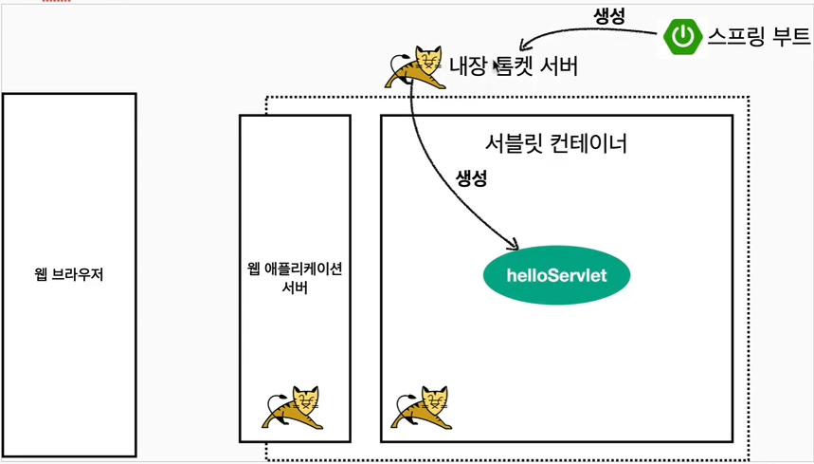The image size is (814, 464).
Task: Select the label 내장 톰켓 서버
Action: click(x=513, y=66)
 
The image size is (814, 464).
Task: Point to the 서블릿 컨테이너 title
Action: click(x=555, y=145)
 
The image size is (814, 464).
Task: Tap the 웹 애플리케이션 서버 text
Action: click(x=294, y=278)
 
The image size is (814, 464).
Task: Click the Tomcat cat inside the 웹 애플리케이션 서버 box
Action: click(x=293, y=409)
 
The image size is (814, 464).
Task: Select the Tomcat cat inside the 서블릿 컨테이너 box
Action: click(x=422, y=409)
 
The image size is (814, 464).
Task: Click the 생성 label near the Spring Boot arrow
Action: click(x=608, y=16)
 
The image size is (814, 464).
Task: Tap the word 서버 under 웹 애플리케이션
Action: click(x=295, y=288)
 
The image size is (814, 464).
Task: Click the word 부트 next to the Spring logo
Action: click(x=789, y=36)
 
